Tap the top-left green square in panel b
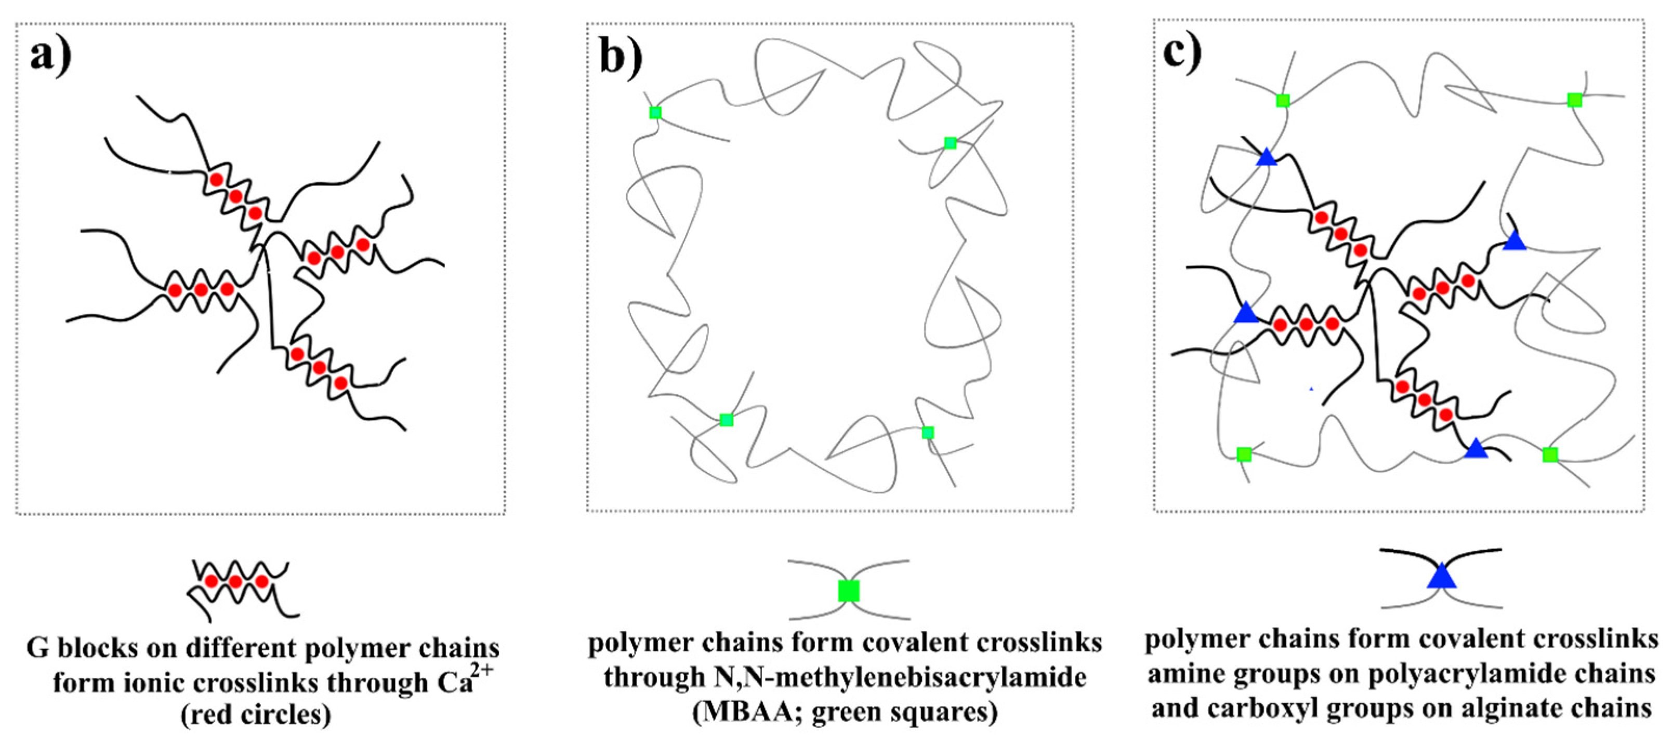(x=655, y=112)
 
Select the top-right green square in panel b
(x=950, y=143)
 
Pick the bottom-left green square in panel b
(x=727, y=420)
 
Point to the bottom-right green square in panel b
(x=928, y=433)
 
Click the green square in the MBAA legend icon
(x=849, y=591)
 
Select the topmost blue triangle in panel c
(x=1267, y=158)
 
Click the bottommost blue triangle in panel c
(x=1476, y=449)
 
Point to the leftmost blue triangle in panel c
(x=1246, y=313)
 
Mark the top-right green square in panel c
(x=1575, y=100)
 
